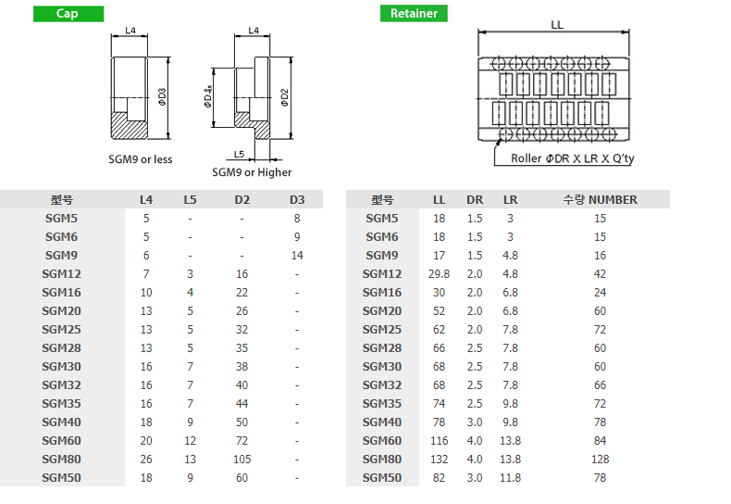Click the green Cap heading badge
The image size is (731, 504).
click(68, 14)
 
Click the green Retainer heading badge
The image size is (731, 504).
click(414, 14)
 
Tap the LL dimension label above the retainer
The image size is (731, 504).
click(557, 24)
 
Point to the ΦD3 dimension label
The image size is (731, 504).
click(162, 97)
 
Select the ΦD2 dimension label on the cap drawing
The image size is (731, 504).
click(284, 97)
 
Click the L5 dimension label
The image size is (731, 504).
click(239, 154)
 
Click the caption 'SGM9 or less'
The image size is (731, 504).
click(141, 159)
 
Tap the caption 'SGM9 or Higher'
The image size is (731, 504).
click(252, 172)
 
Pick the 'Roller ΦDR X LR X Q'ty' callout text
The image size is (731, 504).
click(573, 158)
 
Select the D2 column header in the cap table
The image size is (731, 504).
click(242, 200)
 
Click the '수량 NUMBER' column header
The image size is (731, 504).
click(600, 200)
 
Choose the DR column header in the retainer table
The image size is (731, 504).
click(475, 200)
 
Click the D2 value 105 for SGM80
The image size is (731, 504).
click(242, 460)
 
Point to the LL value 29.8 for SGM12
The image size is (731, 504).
click(439, 274)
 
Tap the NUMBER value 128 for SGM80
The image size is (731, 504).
click(600, 460)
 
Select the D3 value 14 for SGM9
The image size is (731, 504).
click(297, 256)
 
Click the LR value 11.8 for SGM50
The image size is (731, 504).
click(510, 478)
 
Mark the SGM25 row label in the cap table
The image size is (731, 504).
click(62, 330)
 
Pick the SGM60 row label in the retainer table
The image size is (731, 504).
click(382, 440)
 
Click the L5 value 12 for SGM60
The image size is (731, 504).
click(190, 440)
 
